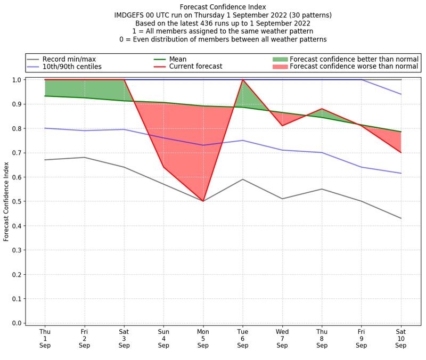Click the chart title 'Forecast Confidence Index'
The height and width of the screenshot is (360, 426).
coord(223,7)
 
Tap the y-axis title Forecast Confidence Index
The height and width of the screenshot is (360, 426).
coord(6,201)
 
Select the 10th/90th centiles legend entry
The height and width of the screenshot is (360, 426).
coord(72,67)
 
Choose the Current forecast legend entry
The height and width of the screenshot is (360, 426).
coord(195,67)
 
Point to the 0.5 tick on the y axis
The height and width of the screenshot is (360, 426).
coord(17,201)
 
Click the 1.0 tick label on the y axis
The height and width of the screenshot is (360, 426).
coord(17,80)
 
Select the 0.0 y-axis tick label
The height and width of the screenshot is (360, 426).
coord(17,323)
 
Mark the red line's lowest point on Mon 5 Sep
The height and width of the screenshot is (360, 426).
coord(203,201)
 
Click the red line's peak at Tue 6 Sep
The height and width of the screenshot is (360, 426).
coord(243,80)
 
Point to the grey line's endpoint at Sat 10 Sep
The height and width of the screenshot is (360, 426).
coord(401,218)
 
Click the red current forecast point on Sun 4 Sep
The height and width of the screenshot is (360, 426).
coord(163,167)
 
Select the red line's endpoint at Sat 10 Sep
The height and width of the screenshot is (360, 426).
coord(401,153)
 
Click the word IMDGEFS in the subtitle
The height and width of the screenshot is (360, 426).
coord(133,15)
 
